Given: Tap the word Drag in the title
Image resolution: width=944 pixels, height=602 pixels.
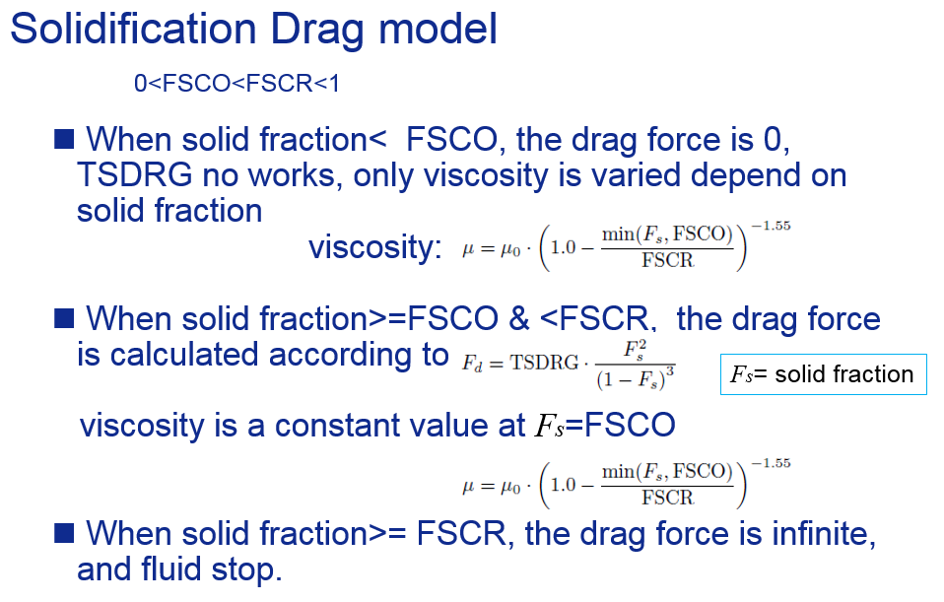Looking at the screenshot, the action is pos(317,31).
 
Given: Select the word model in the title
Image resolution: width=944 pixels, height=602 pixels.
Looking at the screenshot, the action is pos(438,29).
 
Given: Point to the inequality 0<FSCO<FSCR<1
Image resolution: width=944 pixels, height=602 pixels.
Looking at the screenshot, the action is pos(236,83).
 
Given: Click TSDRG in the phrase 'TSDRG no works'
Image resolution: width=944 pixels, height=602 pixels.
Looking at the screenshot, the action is pos(135,175).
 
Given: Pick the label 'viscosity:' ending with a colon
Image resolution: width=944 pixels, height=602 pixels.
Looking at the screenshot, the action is pos(375,247).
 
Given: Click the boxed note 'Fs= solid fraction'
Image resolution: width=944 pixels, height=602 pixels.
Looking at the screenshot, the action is pos(823,374).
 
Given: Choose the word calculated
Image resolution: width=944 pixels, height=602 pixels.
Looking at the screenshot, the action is pos(185,354).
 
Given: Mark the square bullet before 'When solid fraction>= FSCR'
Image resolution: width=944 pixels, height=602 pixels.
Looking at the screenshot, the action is pos(64,533).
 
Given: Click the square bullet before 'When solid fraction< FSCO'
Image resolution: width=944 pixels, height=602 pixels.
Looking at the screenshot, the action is pos(64,139).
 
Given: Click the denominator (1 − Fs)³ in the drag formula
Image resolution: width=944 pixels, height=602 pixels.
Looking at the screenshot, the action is pos(636,378).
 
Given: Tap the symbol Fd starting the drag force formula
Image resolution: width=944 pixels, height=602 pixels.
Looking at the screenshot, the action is pos(473,363).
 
